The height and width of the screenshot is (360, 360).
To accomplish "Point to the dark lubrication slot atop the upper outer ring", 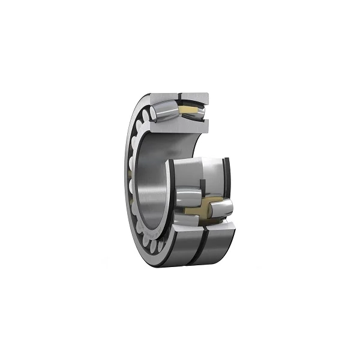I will (x=179, y=96).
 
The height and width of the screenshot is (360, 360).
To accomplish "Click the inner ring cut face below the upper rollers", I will (x=180, y=125).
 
